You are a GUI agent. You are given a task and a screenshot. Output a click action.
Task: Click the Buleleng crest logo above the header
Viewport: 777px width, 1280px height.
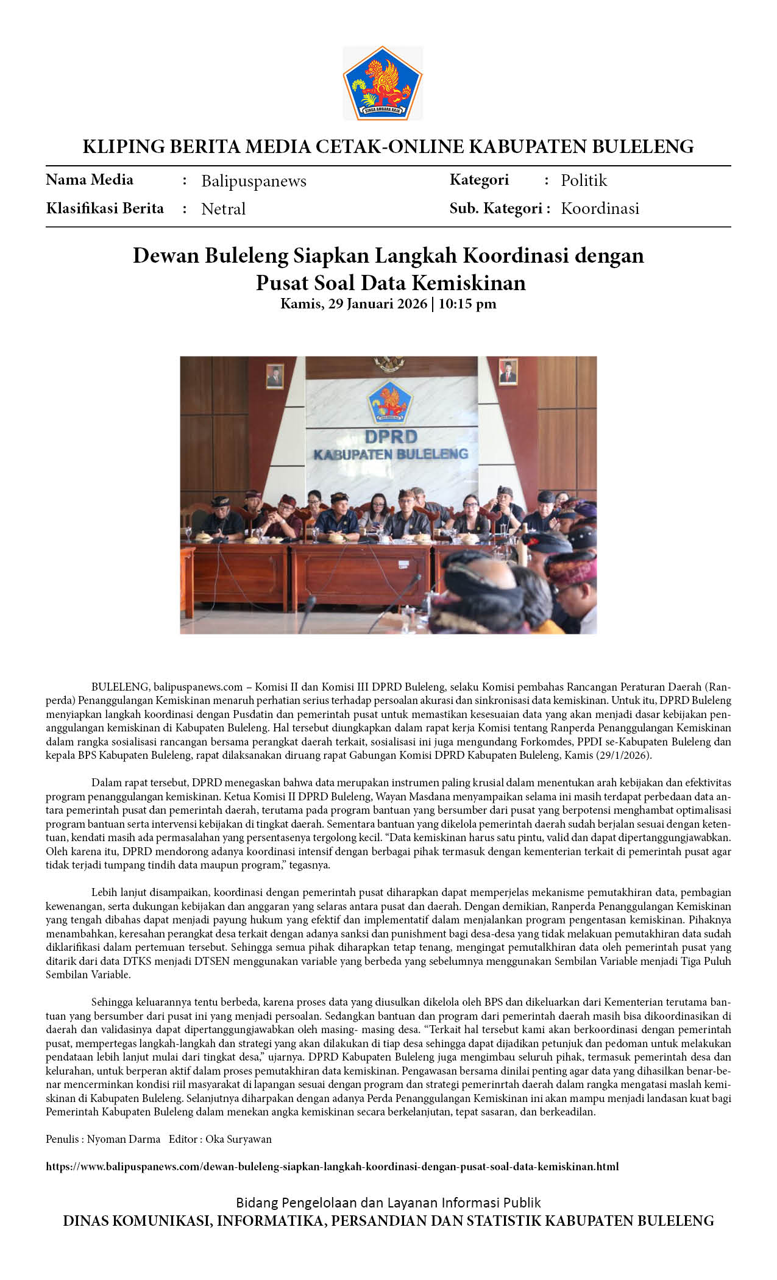[x=382, y=83]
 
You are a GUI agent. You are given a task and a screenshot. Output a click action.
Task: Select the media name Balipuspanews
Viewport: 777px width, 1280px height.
[x=254, y=181]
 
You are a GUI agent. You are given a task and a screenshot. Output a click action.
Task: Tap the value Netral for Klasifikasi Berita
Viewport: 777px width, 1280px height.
[x=223, y=209]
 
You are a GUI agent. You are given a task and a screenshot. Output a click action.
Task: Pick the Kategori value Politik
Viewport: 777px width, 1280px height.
[x=584, y=180]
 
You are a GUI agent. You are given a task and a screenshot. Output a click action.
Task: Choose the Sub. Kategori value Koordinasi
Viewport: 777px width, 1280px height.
[x=600, y=208]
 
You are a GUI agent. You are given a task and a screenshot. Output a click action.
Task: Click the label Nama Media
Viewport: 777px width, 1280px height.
[x=90, y=180]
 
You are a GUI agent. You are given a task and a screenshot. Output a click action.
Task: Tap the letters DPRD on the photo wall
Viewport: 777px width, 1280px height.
[x=391, y=436]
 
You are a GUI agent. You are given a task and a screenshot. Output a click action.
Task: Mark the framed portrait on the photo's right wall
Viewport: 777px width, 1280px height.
[x=508, y=371]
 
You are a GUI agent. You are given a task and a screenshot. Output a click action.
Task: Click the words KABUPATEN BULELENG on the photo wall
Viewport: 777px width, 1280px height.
[x=391, y=454]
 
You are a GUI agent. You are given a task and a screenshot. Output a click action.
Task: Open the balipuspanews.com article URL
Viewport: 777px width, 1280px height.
[x=332, y=1167]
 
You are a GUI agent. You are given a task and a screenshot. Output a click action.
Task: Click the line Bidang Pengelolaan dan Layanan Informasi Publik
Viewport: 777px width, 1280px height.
[x=388, y=1203]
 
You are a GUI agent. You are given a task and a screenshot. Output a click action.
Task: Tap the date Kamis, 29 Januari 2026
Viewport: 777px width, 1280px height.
[x=353, y=304]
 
